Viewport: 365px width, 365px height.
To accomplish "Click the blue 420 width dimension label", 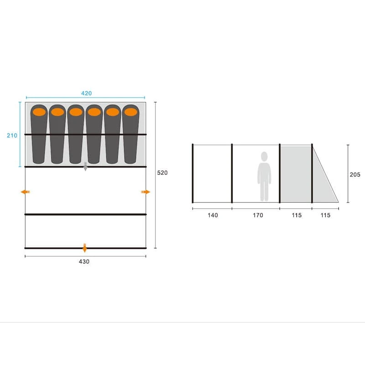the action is pyautogui.click(x=86, y=94).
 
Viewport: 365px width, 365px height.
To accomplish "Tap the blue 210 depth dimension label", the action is pyautogui.click(x=12, y=136).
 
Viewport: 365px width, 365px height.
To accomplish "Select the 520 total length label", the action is pyautogui.click(x=162, y=173).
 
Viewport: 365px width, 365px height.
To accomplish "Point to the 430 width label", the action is pyautogui.click(x=84, y=261).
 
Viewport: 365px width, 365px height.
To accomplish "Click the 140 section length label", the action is pyautogui.click(x=213, y=215).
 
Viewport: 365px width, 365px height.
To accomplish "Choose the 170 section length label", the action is pyautogui.click(x=258, y=215).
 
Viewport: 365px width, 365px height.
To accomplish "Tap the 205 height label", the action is pyautogui.click(x=355, y=175).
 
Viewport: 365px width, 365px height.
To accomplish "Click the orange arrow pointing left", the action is pyautogui.click(x=25, y=192).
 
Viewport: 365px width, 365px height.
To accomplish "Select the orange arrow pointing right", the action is pyautogui.click(x=146, y=192).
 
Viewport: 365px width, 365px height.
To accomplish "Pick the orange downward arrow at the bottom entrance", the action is pyautogui.click(x=85, y=248).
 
